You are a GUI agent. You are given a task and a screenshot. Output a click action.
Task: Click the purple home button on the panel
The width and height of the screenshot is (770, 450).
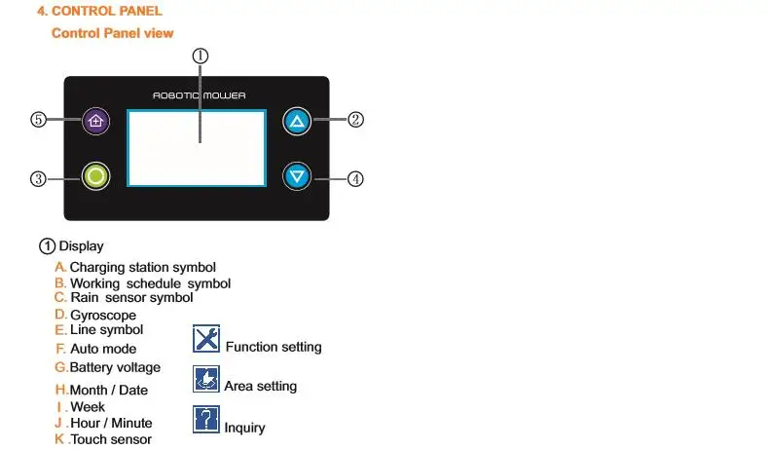pos(95,120)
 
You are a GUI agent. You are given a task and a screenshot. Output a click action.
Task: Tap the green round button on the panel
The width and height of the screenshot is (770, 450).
pos(95,176)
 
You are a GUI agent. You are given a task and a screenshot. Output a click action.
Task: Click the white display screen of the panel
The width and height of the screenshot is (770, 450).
pos(198,146)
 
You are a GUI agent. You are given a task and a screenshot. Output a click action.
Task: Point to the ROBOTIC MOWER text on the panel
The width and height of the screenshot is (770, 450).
pos(200,95)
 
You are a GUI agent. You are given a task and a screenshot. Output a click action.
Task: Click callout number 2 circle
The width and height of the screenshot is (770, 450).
pos(356,120)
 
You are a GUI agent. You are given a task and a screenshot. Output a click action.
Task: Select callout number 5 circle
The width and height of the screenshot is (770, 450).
pos(38,120)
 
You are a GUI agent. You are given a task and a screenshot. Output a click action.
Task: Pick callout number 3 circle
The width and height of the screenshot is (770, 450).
pos(38,178)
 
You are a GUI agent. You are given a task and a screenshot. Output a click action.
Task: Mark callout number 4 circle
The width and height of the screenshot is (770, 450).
pos(356,178)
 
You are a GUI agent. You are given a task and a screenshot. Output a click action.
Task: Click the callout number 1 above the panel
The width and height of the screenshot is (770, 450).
pos(200,56)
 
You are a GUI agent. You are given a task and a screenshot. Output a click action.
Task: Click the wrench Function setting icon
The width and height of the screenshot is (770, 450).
pos(206,339)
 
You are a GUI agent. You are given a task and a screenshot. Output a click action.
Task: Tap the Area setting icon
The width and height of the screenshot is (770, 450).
pos(206,379)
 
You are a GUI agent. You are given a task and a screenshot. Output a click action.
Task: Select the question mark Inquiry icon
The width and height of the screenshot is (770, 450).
pos(206,419)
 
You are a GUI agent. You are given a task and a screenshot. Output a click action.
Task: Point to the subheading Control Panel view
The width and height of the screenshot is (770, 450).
pos(112,33)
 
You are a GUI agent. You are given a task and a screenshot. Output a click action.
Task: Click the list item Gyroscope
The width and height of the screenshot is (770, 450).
pos(102,315)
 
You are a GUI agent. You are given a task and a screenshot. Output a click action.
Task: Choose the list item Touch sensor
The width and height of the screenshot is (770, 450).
pos(110,439)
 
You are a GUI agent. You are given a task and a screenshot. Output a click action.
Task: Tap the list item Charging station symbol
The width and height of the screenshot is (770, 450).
pos(142,267)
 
